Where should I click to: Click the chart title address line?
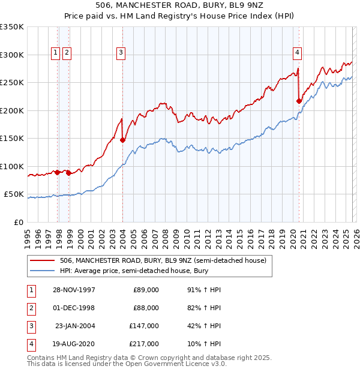coord(179,5)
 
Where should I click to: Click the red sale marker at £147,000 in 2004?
coord(123,140)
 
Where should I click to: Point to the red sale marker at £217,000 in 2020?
coord(299,101)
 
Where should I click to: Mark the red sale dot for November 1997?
coord(58,172)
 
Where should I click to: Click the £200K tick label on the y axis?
coord(12,110)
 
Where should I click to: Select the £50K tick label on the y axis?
coord(14,194)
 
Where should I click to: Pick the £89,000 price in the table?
coord(146,289)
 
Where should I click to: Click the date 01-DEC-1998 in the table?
coord(74,307)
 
